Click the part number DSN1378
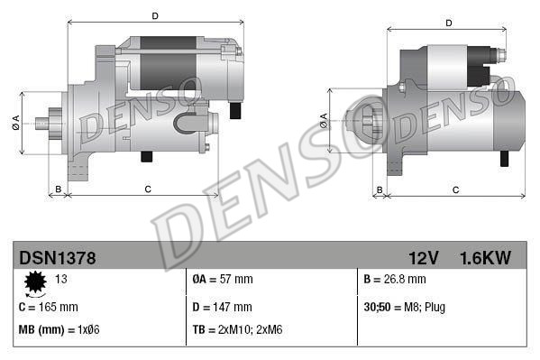[57, 258]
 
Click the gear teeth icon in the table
[36, 284]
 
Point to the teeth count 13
[61, 279]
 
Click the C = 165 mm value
[49, 307]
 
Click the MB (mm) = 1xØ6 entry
[59, 330]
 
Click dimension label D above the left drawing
[155, 16]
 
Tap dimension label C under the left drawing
[147, 189]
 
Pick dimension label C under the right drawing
[456, 189]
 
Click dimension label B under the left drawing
[59, 189]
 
